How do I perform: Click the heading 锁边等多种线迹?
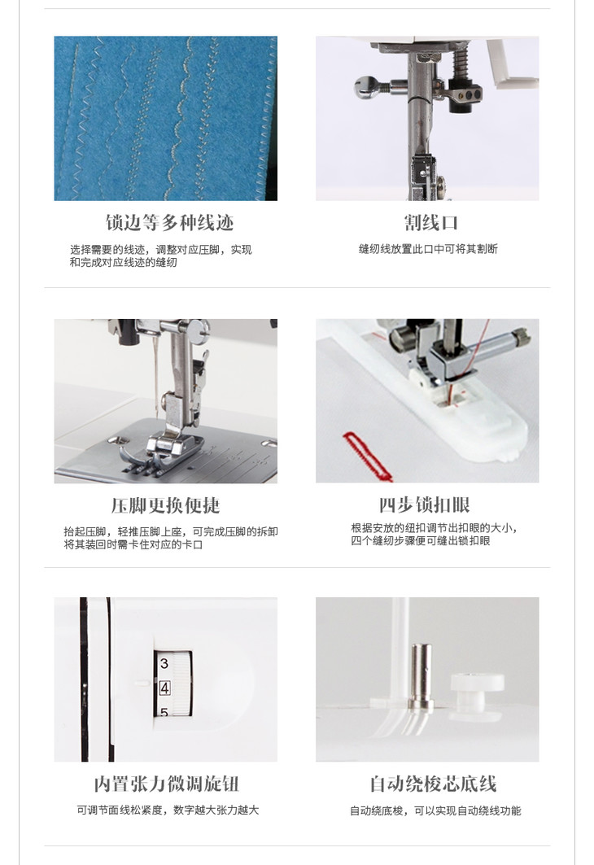[x=170, y=222]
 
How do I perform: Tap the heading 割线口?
[x=430, y=222]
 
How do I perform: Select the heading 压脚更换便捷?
[x=165, y=505]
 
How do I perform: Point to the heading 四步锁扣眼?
[x=424, y=505]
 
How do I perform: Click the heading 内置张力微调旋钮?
[x=166, y=784]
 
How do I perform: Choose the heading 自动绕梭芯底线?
[x=433, y=784]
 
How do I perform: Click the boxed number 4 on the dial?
[x=164, y=688]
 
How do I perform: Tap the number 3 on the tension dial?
[x=164, y=663]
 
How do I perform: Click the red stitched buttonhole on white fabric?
[x=367, y=453]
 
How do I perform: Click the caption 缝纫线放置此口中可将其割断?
[x=428, y=249]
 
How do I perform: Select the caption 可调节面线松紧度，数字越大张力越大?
[x=168, y=810]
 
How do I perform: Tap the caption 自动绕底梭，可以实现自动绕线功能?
[x=435, y=810]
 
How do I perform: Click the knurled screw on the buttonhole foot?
[x=519, y=335]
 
